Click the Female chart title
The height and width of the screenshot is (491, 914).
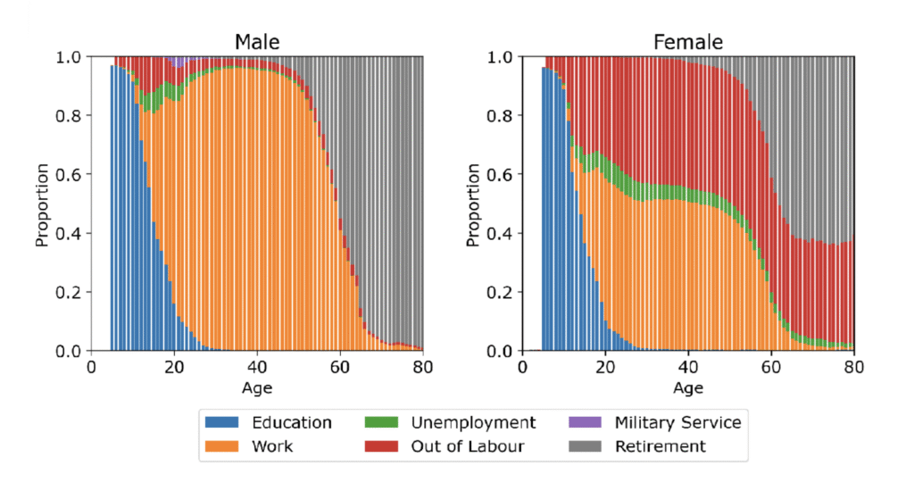687,41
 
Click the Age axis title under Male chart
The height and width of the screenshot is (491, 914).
256,388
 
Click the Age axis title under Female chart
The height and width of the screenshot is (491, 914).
688,388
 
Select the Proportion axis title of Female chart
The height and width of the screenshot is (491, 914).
473,204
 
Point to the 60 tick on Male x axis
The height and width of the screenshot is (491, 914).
339,367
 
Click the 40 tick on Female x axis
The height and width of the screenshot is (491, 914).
688,367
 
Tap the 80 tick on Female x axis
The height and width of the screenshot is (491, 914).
854,367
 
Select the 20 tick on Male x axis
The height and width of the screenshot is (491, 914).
173,367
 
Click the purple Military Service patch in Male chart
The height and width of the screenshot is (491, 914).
181,62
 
